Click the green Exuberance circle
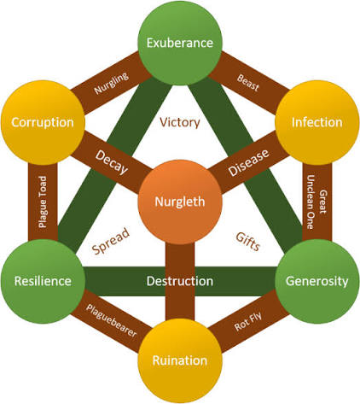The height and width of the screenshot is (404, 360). tap(180, 43)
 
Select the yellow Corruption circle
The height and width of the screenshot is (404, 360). tap(43, 122)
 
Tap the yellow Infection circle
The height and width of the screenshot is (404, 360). tap(316, 122)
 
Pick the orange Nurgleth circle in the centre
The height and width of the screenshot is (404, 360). tap(180, 202)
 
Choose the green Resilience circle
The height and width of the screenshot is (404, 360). tap(43, 281)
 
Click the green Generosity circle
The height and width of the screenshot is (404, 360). tap(316, 281)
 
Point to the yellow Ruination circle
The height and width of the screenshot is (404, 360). tap(180, 360)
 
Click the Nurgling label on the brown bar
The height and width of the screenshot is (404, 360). tap(111, 83)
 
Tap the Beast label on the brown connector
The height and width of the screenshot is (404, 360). tap(248, 83)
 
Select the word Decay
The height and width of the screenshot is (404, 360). tap(112, 162)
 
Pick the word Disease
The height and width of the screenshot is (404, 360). tap(248, 162)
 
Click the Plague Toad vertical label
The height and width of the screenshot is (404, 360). tap(43, 202)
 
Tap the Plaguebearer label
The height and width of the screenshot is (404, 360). tap(112, 320)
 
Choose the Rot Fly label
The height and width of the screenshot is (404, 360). tap(248, 321)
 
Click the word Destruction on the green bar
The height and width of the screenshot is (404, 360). tap(180, 281)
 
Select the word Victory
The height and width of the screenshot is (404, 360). tap(180, 122)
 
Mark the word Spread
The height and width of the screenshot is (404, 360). tap(111, 241)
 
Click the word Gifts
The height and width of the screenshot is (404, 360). tap(248, 242)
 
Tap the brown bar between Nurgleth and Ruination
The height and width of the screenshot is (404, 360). tap(180, 281)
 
